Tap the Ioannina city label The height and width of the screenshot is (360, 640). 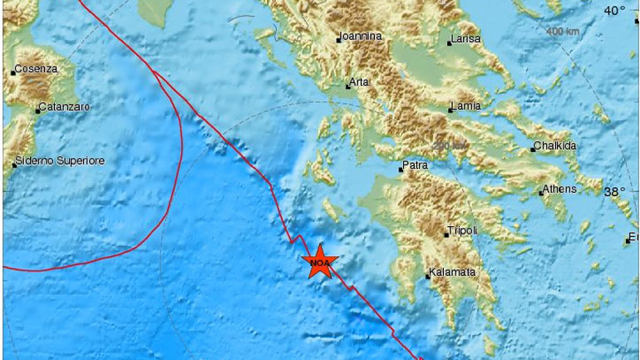tap(361, 37)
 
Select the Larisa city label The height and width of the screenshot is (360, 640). tap(466, 40)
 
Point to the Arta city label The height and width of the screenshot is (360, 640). tap(359, 83)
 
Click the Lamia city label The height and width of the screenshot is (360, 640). tap(465, 106)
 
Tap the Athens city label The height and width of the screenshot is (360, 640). tap(559, 190)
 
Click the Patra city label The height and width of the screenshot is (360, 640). tap(415, 167)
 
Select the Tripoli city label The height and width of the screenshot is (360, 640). tap(461, 232)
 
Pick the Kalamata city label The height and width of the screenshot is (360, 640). tap(452, 273)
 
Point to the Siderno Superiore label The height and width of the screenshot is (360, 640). tap(61, 160)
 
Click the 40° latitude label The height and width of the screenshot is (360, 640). tap(614, 11)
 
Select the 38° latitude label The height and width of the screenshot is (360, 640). tap(614, 191)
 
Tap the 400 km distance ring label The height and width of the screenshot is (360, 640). tap(564, 32)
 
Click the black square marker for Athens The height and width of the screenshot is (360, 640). tap(540, 193)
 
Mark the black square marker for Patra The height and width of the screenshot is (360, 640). tap(401, 170)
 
